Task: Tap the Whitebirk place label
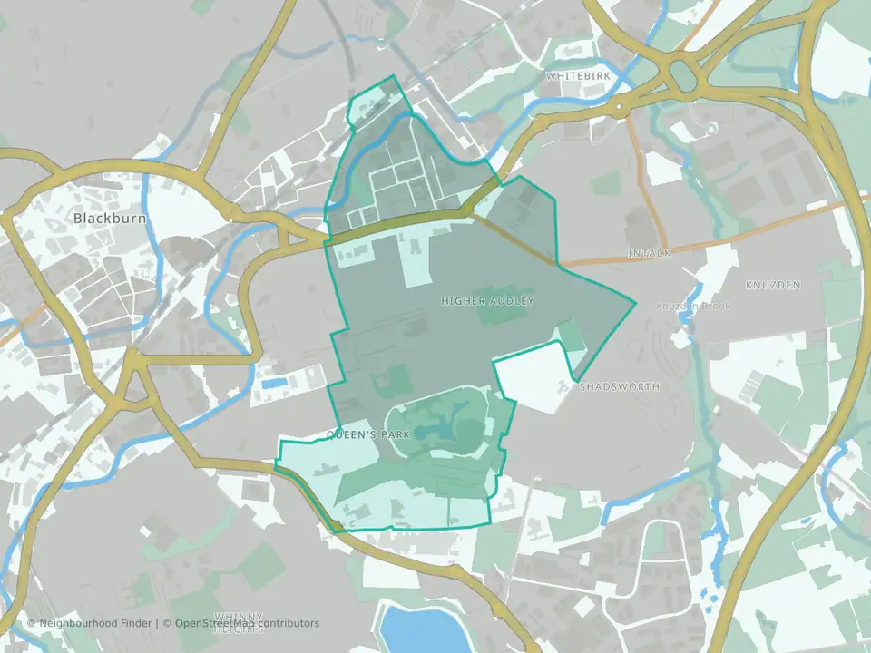578,76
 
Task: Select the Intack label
649,253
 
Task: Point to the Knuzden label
773,285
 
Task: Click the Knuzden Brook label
693,307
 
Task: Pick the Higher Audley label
488,300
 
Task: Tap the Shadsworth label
619,386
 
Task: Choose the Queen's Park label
368,435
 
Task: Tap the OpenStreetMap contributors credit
247,623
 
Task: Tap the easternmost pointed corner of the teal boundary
635,301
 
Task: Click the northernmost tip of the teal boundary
394,75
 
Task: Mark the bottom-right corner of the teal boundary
490,523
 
